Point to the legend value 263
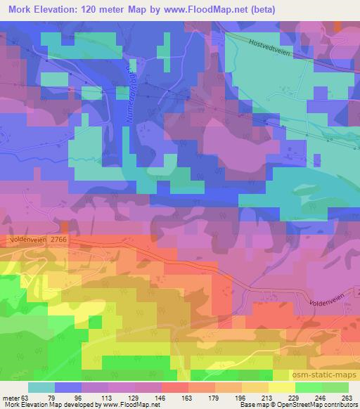pos(347,397)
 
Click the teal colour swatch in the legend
pos(41,387)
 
